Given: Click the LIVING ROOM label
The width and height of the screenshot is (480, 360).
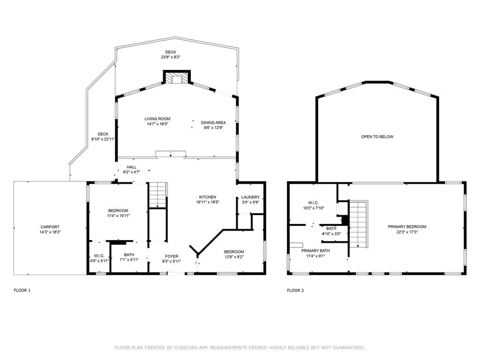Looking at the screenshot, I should point(157,119).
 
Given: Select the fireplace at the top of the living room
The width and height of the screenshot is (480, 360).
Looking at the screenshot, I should point(177,78).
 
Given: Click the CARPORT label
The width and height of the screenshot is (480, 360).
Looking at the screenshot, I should point(50,227).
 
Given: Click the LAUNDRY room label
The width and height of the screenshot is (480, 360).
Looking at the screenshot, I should point(250,197).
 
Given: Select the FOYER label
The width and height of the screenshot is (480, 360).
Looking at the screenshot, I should point(171,256).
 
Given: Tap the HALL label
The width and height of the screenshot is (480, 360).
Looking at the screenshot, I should point(131,167).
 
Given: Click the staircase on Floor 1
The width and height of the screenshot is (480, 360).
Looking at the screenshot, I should point(157,195).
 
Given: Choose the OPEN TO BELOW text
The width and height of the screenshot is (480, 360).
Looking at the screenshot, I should point(377,137).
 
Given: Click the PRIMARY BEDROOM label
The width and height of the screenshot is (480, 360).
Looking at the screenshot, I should point(407,227).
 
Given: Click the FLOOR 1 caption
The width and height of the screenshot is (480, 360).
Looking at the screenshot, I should point(22,291).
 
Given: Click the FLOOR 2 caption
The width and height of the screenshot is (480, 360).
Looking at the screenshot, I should point(295,291).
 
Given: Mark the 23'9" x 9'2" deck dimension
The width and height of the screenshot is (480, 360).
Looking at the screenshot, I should point(170,57).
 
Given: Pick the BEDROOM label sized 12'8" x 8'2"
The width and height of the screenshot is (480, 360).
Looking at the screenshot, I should point(233,252).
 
